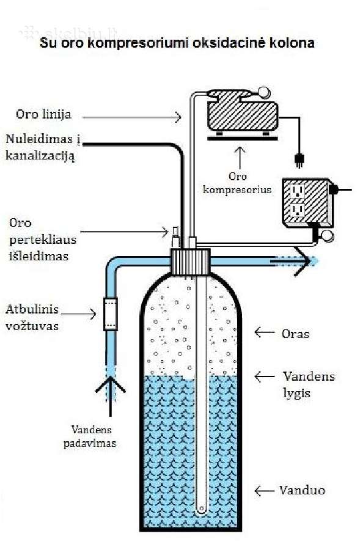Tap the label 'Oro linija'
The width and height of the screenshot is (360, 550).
click(x=43, y=114)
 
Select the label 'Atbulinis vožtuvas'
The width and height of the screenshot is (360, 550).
click(x=32, y=317)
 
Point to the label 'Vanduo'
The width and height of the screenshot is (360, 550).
click(x=302, y=490)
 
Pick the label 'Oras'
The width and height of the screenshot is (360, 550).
click(x=295, y=334)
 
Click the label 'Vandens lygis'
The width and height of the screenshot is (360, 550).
click(x=309, y=384)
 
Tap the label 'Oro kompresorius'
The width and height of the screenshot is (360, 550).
click(x=237, y=183)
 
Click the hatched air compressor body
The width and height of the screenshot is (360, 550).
click(x=243, y=115)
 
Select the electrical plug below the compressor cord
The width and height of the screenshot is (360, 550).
click(x=299, y=159)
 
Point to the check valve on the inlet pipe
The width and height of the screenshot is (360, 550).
click(x=111, y=314)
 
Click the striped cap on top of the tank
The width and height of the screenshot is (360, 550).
click(x=190, y=262)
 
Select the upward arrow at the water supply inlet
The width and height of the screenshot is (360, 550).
click(x=111, y=397)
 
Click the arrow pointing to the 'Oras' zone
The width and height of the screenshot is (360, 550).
click(x=264, y=332)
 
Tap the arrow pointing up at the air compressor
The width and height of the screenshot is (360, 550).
click(x=240, y=158)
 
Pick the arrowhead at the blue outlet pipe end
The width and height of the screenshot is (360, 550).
click(x=303, y=262)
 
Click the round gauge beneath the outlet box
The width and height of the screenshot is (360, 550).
click(x=328, y=236)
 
